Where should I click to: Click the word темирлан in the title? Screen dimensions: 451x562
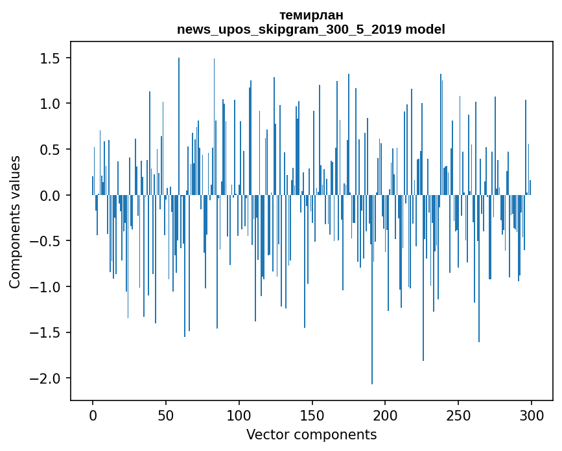(311, 15)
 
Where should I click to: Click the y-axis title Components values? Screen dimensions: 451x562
(15, 222)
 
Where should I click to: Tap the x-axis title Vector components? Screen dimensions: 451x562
(311, 434)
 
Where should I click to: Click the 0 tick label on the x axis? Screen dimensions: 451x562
(93, 415)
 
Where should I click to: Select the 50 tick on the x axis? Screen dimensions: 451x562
(166, 415)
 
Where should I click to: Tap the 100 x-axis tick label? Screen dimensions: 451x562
(239, 415)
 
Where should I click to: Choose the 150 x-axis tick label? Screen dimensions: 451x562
(312, 415)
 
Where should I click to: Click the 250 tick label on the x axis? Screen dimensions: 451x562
(459, 415)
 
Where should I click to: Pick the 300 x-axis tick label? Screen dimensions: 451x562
(532, 415)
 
